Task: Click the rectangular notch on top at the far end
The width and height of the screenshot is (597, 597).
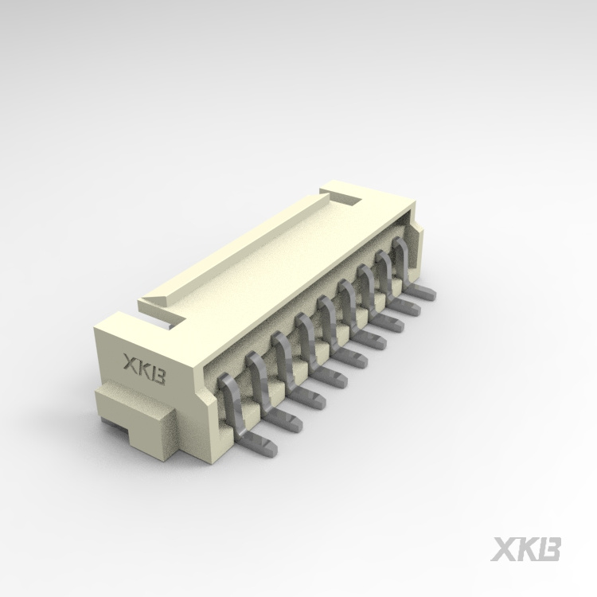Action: (348, 197)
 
